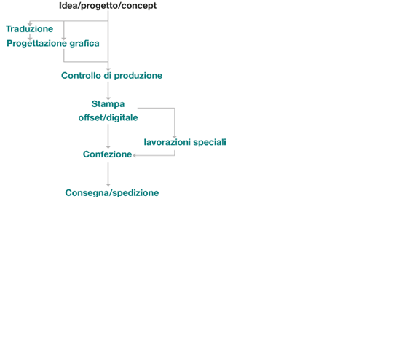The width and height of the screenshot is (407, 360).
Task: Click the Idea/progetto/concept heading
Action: (x=108, y=6)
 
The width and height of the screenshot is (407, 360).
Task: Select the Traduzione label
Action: (x=30, y=29)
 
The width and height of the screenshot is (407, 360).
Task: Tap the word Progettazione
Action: (x=36, y=44)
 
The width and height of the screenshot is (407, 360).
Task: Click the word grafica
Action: (x=84, y=43)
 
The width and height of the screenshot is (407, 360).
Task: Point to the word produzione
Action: (x=138, y=76)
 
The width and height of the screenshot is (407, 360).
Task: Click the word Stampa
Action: (x=108, y=104)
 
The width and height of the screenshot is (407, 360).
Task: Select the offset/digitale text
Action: (x=108, y=117)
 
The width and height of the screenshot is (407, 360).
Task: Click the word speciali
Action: (x=210, y=142)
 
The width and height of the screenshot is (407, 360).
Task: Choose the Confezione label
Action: (x=108, y=154)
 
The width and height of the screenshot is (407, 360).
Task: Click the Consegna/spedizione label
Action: (x=112, y=193)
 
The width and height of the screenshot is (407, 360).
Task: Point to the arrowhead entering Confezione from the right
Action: (x=135, y=155)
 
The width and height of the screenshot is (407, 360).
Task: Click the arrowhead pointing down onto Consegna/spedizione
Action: (x=108, y=184)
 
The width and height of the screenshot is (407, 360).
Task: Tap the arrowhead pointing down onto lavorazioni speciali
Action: (x=175, y=136)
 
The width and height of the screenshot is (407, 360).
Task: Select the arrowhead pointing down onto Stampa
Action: (x=108, y=98)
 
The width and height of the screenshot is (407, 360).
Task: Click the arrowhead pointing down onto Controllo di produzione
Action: (x=108, y=69)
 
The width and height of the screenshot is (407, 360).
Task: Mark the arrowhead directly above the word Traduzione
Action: (x=30, y=24)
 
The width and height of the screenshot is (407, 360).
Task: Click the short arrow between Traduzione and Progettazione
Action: (x=30, y=36)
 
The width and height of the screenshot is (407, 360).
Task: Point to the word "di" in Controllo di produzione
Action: (x=108, y=76)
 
